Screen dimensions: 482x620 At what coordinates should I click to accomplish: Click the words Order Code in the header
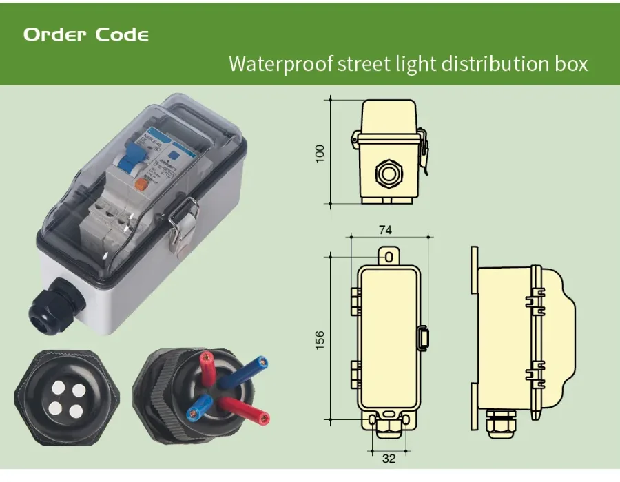click(x=86, y=34)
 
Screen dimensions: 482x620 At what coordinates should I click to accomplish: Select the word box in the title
click(x=570, y=64)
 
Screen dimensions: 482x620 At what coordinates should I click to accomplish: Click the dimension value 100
click(x=320, y=153)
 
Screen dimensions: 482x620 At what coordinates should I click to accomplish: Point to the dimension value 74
click(x=386, y=229)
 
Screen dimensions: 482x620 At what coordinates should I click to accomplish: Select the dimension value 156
click(x=320, y=339)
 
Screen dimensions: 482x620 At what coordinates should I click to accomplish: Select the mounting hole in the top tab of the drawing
click(x=389, y=257)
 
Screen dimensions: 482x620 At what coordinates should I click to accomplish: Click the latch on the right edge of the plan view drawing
click(x=424, y=337)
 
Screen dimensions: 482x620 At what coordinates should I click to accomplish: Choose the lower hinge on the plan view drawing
click(x=355, y=372)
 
